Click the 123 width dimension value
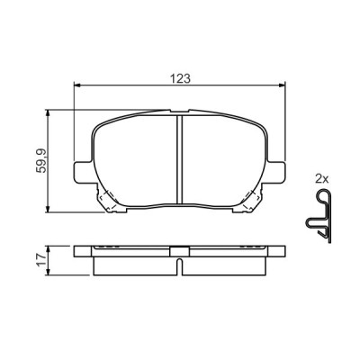point(181,78)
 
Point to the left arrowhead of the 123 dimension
point(76,86)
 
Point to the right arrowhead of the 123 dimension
point(287,86)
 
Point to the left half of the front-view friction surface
point(135,157)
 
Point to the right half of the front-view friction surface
point(225,157)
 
